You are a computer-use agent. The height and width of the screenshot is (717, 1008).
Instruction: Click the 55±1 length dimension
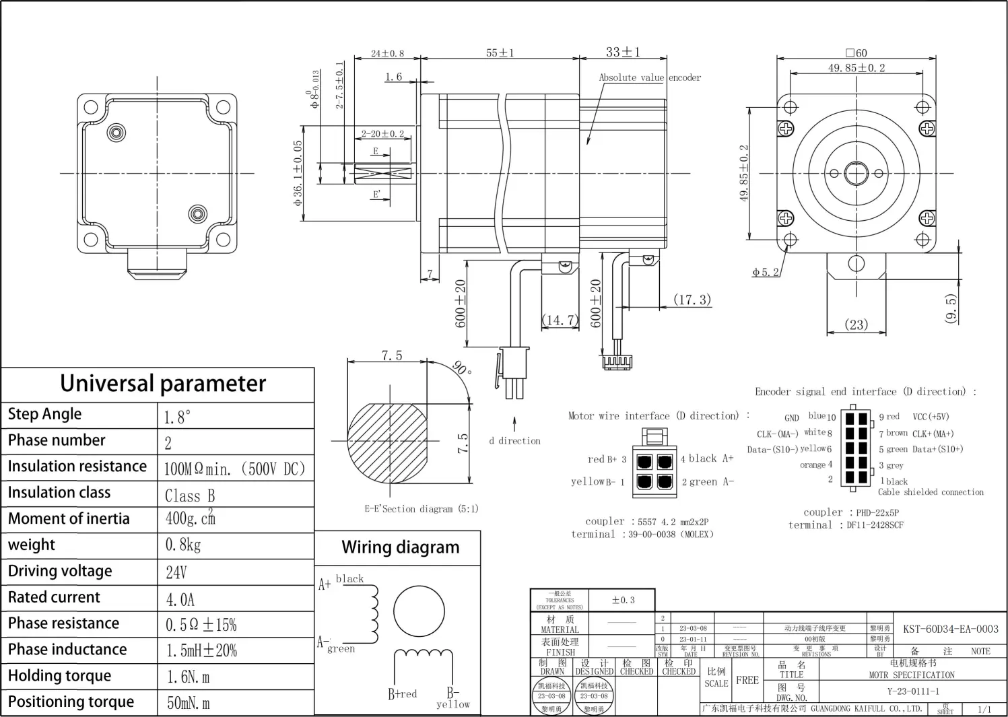(500, 53)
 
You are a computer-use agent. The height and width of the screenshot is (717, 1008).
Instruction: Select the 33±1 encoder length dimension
(623, 52)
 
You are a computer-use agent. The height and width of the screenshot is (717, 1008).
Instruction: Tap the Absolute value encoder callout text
(650, 77)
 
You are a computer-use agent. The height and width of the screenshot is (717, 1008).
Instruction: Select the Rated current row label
(54, 597)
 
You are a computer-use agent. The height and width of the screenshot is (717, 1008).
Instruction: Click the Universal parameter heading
(163, 383)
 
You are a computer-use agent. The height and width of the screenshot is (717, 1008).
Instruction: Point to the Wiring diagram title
(401, 547)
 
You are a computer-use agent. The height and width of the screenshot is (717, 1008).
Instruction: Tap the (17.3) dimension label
(692, 300)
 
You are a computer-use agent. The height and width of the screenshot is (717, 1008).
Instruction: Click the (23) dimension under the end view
(856, 325)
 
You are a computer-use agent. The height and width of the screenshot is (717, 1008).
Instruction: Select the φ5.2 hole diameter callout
(766, 272)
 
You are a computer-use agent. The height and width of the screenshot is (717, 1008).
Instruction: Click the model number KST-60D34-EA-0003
(950, 629)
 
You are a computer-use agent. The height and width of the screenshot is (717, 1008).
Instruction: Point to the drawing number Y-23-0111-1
(913, 691)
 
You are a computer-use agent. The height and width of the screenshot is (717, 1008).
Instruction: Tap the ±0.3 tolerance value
(623, 600)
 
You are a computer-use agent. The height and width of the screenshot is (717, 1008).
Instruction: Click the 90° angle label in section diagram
(462, 368)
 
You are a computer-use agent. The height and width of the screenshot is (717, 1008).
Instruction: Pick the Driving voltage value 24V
(176, 572)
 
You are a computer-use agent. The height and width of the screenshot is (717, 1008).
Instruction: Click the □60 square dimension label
(856, 53)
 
